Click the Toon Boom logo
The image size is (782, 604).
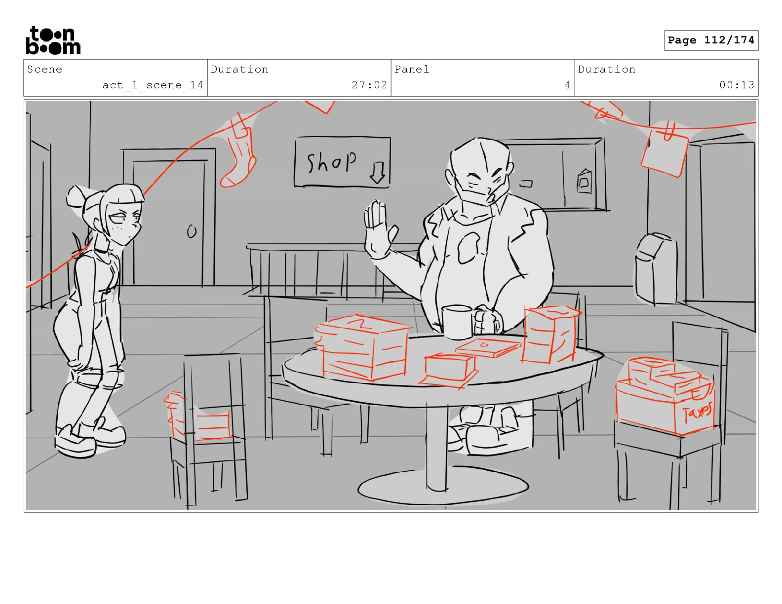(x=53, y=40)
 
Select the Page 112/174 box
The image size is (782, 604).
(x=711, y=40)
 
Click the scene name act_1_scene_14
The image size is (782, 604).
(x=153, y=85)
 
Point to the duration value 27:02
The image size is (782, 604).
(x=369, y=85)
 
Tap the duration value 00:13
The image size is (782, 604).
(x=737, y=85)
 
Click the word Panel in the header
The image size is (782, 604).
(x=412, y=69)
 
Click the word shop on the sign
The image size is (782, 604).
(x=331, y=161)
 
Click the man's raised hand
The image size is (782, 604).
(x=379, y=229)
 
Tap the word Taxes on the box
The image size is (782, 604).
(x=697, y=412)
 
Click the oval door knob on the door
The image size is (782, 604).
(x=192, y=231)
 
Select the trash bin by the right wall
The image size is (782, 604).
(x=656, y=269)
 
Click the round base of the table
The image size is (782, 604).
(x=443, y=487)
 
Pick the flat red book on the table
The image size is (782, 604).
(x=488, y=347)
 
